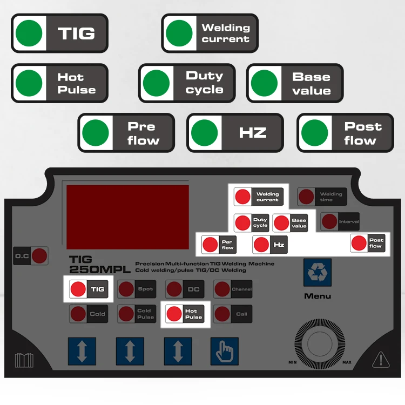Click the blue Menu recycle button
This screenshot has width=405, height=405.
pyautogui.click(x=317, y=272)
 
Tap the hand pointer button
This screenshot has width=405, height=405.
pyautogui.click(x=225, y=351)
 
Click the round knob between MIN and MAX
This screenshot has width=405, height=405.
pyautogui.click(x=320, y=344)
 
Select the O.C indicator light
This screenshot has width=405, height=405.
pyautogui.click(x=39, y=256)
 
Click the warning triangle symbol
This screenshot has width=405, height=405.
pyautogui.click(x=381, y=359)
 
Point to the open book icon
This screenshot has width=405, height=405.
pyautogui.click(x=24, y=360)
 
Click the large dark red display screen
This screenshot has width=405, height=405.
pyautogui.click(x=127, y=217)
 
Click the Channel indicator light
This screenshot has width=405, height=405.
pyautogui.click(x=222, y=289)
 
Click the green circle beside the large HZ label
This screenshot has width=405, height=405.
pyautogui.click(x=204, y=133)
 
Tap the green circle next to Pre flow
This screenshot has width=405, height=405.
pyautogui.click(x=95, y=133)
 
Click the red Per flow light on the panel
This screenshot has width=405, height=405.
pyautogui.click(x=210, y=245)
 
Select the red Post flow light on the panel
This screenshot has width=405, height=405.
pyautogui.click(x=359, y=243)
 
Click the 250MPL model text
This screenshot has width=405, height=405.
pyautogui.click(x=100, y=269)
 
